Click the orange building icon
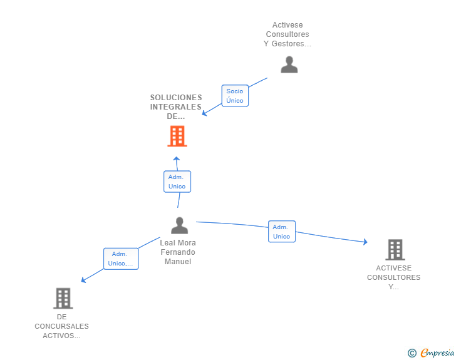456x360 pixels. (x=177, y=136)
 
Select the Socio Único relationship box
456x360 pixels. (x=235, y=96)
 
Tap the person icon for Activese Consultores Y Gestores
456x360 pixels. (x=289, y=64)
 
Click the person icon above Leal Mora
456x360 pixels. (x=179, y=225)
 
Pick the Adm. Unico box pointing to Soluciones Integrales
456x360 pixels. (x=177, y=182)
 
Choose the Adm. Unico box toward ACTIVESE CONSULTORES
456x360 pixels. (x=281, y=232)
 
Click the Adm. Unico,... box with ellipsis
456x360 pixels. (x=121, y=259)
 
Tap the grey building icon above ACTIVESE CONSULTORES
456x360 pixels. (x=395, y=250)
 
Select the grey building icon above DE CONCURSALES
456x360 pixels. (x=63, y=299)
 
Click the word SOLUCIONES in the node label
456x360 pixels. (x=176, y=98)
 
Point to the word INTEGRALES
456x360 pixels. (x=175, y=107)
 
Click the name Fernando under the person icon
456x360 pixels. (x=178, y=252)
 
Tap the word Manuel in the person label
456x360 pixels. (x=178, y=262)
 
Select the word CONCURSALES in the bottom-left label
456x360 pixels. (x=61, y=326)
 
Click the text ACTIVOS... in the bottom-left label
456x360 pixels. (x=61, y=336)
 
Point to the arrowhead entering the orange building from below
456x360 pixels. (x=176, y=159)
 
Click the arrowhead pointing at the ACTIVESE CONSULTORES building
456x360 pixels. (x=365, y=242)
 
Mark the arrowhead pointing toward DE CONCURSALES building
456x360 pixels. (x=83, y=280)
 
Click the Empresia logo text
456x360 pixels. (x=437, y=352)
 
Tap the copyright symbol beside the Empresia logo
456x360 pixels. (x=412, y=353)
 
